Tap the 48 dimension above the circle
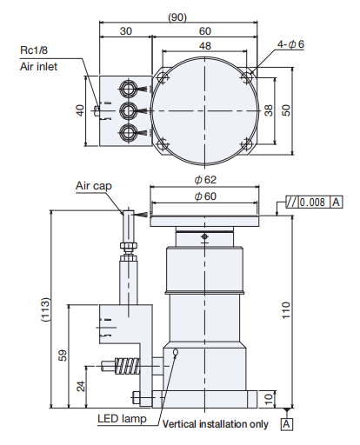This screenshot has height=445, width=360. click(x=204, y=46)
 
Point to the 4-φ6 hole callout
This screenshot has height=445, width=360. click(x=290, y=44)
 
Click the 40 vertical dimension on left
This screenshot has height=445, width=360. click(x=80, y=110)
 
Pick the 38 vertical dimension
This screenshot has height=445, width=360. click(x=268, y=110)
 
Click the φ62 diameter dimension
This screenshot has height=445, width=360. click(x=204, y=180)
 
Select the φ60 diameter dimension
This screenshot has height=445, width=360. click(x=204, y=196)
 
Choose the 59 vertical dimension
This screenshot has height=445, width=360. click(x=60, y=355)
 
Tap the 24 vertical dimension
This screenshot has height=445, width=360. click(x=80, y=385)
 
